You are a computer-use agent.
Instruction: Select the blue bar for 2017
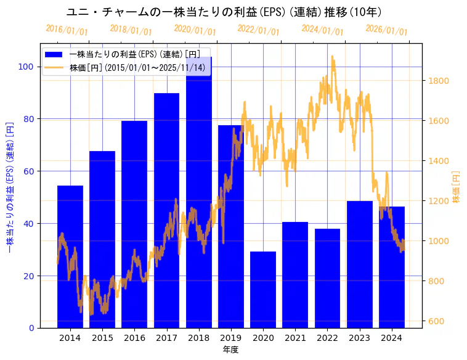[x=166, y=210]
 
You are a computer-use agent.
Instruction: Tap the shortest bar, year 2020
[x=263, y=290]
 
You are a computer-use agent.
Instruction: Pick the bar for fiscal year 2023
[x=359, y=264]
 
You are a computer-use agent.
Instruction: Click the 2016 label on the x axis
[x=134, y=338]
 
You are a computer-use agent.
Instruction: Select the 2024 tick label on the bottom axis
[x=391, y=338]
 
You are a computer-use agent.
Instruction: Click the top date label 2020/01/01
[x=195, y=30]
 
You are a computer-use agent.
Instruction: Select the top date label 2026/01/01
[x=386, y=30]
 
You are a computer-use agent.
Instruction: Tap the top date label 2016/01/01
[x=67, y=30]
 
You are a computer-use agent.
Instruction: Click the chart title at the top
[x=224, y=12]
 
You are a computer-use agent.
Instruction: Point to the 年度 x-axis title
[x=230, y=350]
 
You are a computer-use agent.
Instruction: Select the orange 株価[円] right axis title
[x=456, y=188]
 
